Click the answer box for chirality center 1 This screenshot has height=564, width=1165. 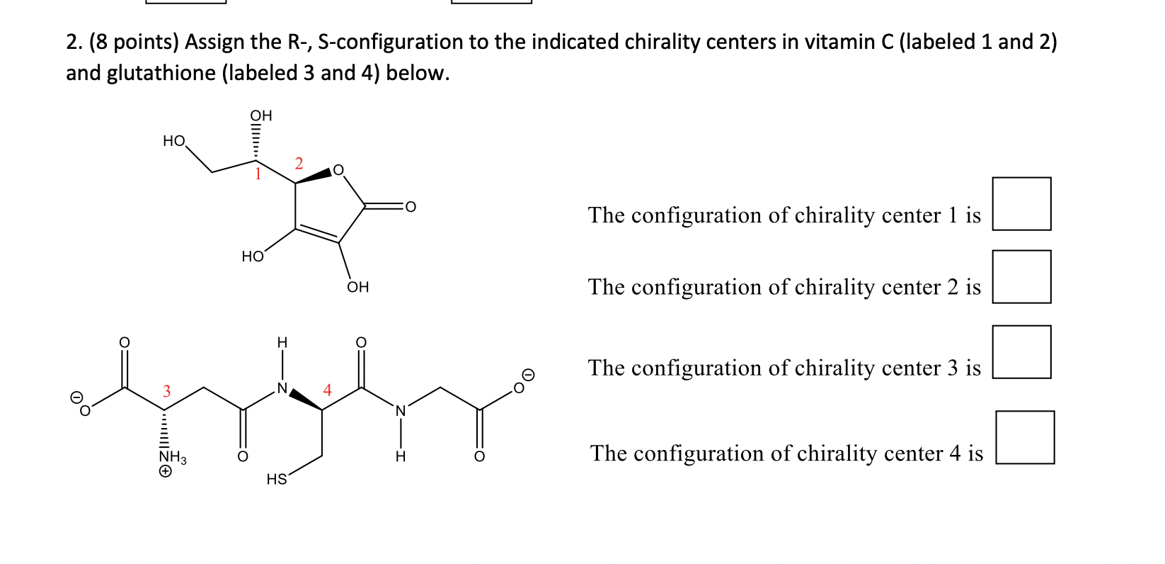1021,204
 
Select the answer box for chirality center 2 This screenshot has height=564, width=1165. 1021,276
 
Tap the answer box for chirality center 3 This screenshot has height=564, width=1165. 1021,352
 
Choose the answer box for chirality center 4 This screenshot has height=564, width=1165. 1024,437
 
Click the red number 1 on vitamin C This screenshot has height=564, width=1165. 258,174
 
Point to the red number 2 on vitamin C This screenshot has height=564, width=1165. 299,164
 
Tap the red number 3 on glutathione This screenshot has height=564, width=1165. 167,391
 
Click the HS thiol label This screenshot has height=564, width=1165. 276,480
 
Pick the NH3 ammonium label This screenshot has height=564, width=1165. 172,458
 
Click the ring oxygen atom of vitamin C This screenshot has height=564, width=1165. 338,170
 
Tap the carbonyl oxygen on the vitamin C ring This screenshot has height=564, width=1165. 410,207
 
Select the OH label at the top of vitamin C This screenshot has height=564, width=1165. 260,115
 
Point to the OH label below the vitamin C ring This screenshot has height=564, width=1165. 357,287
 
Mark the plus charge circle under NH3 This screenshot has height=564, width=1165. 165,471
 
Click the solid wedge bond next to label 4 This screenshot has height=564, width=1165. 305,400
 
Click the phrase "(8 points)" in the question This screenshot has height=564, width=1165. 134,42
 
